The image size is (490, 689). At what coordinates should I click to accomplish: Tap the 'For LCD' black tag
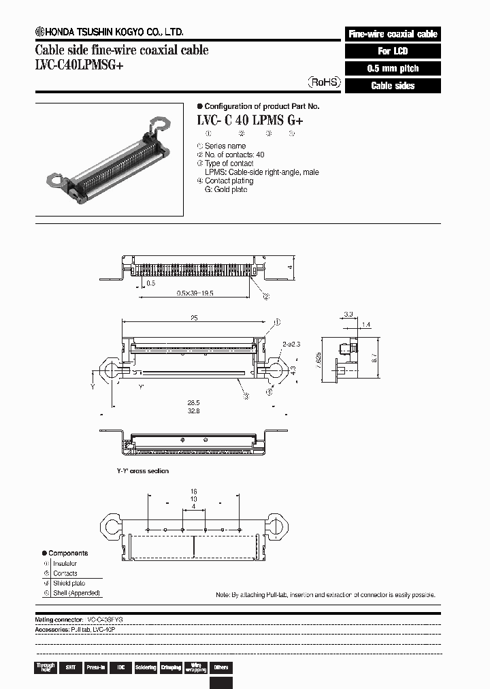[x=393, y=51]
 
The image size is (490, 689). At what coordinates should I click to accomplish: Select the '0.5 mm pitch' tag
[x=393, y=69]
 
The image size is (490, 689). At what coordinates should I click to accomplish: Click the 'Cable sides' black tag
[x=393, y=86]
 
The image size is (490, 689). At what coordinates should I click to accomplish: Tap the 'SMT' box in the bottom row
[x=69, y=668]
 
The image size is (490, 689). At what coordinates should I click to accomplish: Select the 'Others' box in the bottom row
[x=220, y=668]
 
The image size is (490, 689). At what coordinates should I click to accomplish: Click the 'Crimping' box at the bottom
[x=170, y=668]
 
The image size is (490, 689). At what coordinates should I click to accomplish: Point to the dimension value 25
[x=195, y=317]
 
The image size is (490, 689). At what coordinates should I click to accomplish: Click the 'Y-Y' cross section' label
[x=142, y=470]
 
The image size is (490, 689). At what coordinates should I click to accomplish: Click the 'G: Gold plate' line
[x=226, y=189]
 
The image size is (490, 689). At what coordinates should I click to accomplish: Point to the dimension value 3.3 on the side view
[x=348, y=315]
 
